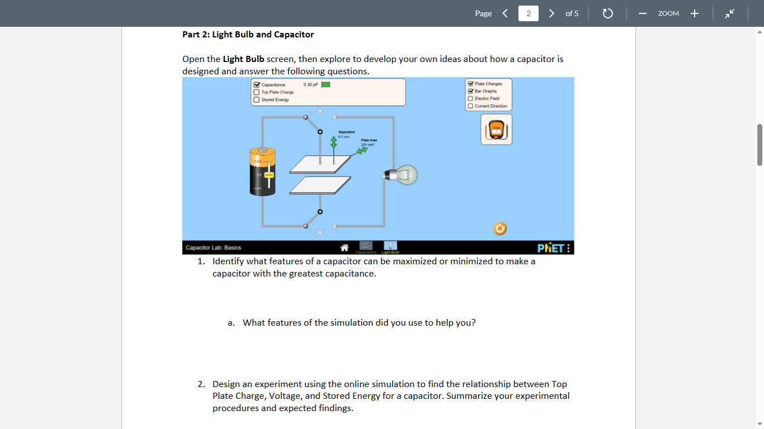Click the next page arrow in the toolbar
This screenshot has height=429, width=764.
(551, 13)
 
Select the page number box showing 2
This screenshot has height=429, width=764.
(529, 13)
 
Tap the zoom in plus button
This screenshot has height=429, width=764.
(694, 13)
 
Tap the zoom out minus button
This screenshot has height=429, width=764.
(643, 13)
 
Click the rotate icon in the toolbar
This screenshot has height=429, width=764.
(608, 13)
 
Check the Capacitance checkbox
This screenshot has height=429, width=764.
(257, 85)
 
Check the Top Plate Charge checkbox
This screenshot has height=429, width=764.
(257, 92)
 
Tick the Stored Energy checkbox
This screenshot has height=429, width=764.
(257, 99)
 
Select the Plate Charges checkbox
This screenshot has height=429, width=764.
(470, 84)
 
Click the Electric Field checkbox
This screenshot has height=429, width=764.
(470, 98)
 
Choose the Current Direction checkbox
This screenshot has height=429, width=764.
(470, 106)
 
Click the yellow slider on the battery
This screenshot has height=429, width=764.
(269, 174)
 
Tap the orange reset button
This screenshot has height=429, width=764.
(500, 228)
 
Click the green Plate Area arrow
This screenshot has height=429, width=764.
(363, 152)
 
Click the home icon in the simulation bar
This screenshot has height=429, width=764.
(345, 247)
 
